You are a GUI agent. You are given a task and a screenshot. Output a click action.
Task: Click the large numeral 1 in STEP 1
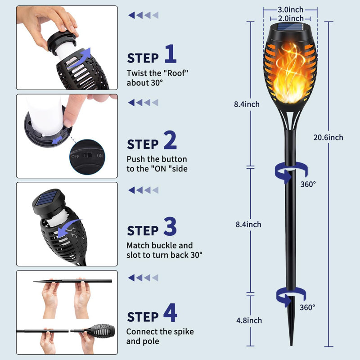pyautogui.click(x=170, y=54)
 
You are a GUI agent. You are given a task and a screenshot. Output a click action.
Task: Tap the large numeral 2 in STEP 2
pyautogui.click(x=170, y=140)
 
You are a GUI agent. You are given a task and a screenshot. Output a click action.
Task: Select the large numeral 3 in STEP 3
pyautogui.click(x=170, y=227)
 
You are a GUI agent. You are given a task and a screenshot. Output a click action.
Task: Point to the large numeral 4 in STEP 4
pyautogui.click(x=170, y=314)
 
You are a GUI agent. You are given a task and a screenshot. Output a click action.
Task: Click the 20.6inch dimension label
pyautogui.click(x=328, y=137)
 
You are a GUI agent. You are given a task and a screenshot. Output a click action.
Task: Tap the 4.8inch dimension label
pyautogui.click(x=248, y=320)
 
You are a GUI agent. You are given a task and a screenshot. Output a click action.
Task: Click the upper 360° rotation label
pyautogui.click(x=308, y=184)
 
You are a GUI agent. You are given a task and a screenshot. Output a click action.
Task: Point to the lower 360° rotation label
pyautogui.click(x=308, y=307)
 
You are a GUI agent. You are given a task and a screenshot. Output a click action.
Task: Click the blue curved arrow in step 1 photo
pyautogui.click(x=87, y=58)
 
